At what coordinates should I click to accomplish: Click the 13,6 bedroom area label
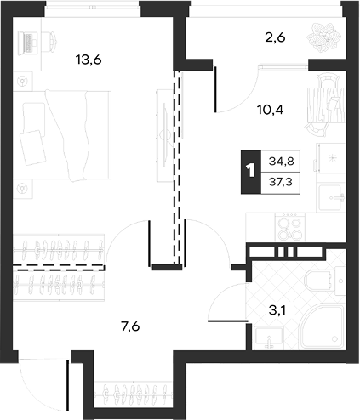pos(89,60)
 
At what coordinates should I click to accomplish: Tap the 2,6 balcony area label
pos(275,37)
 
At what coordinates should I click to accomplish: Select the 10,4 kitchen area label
pos(270,110)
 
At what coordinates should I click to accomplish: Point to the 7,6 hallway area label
pos(130,327)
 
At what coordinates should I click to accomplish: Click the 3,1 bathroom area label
pos(277,311)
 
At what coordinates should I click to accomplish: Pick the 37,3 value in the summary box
pos(281,182)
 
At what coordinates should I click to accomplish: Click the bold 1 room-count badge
pos(251,172)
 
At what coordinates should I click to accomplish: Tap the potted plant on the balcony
pos(323,38)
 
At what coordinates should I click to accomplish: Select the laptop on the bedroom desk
pos(28,43)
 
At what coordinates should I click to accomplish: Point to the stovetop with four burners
pos(289,228)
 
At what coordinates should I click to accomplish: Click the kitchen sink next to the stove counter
pos(331,198)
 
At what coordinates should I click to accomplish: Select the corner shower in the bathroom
pos(322,326)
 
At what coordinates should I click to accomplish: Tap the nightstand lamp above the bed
pos(23,82)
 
